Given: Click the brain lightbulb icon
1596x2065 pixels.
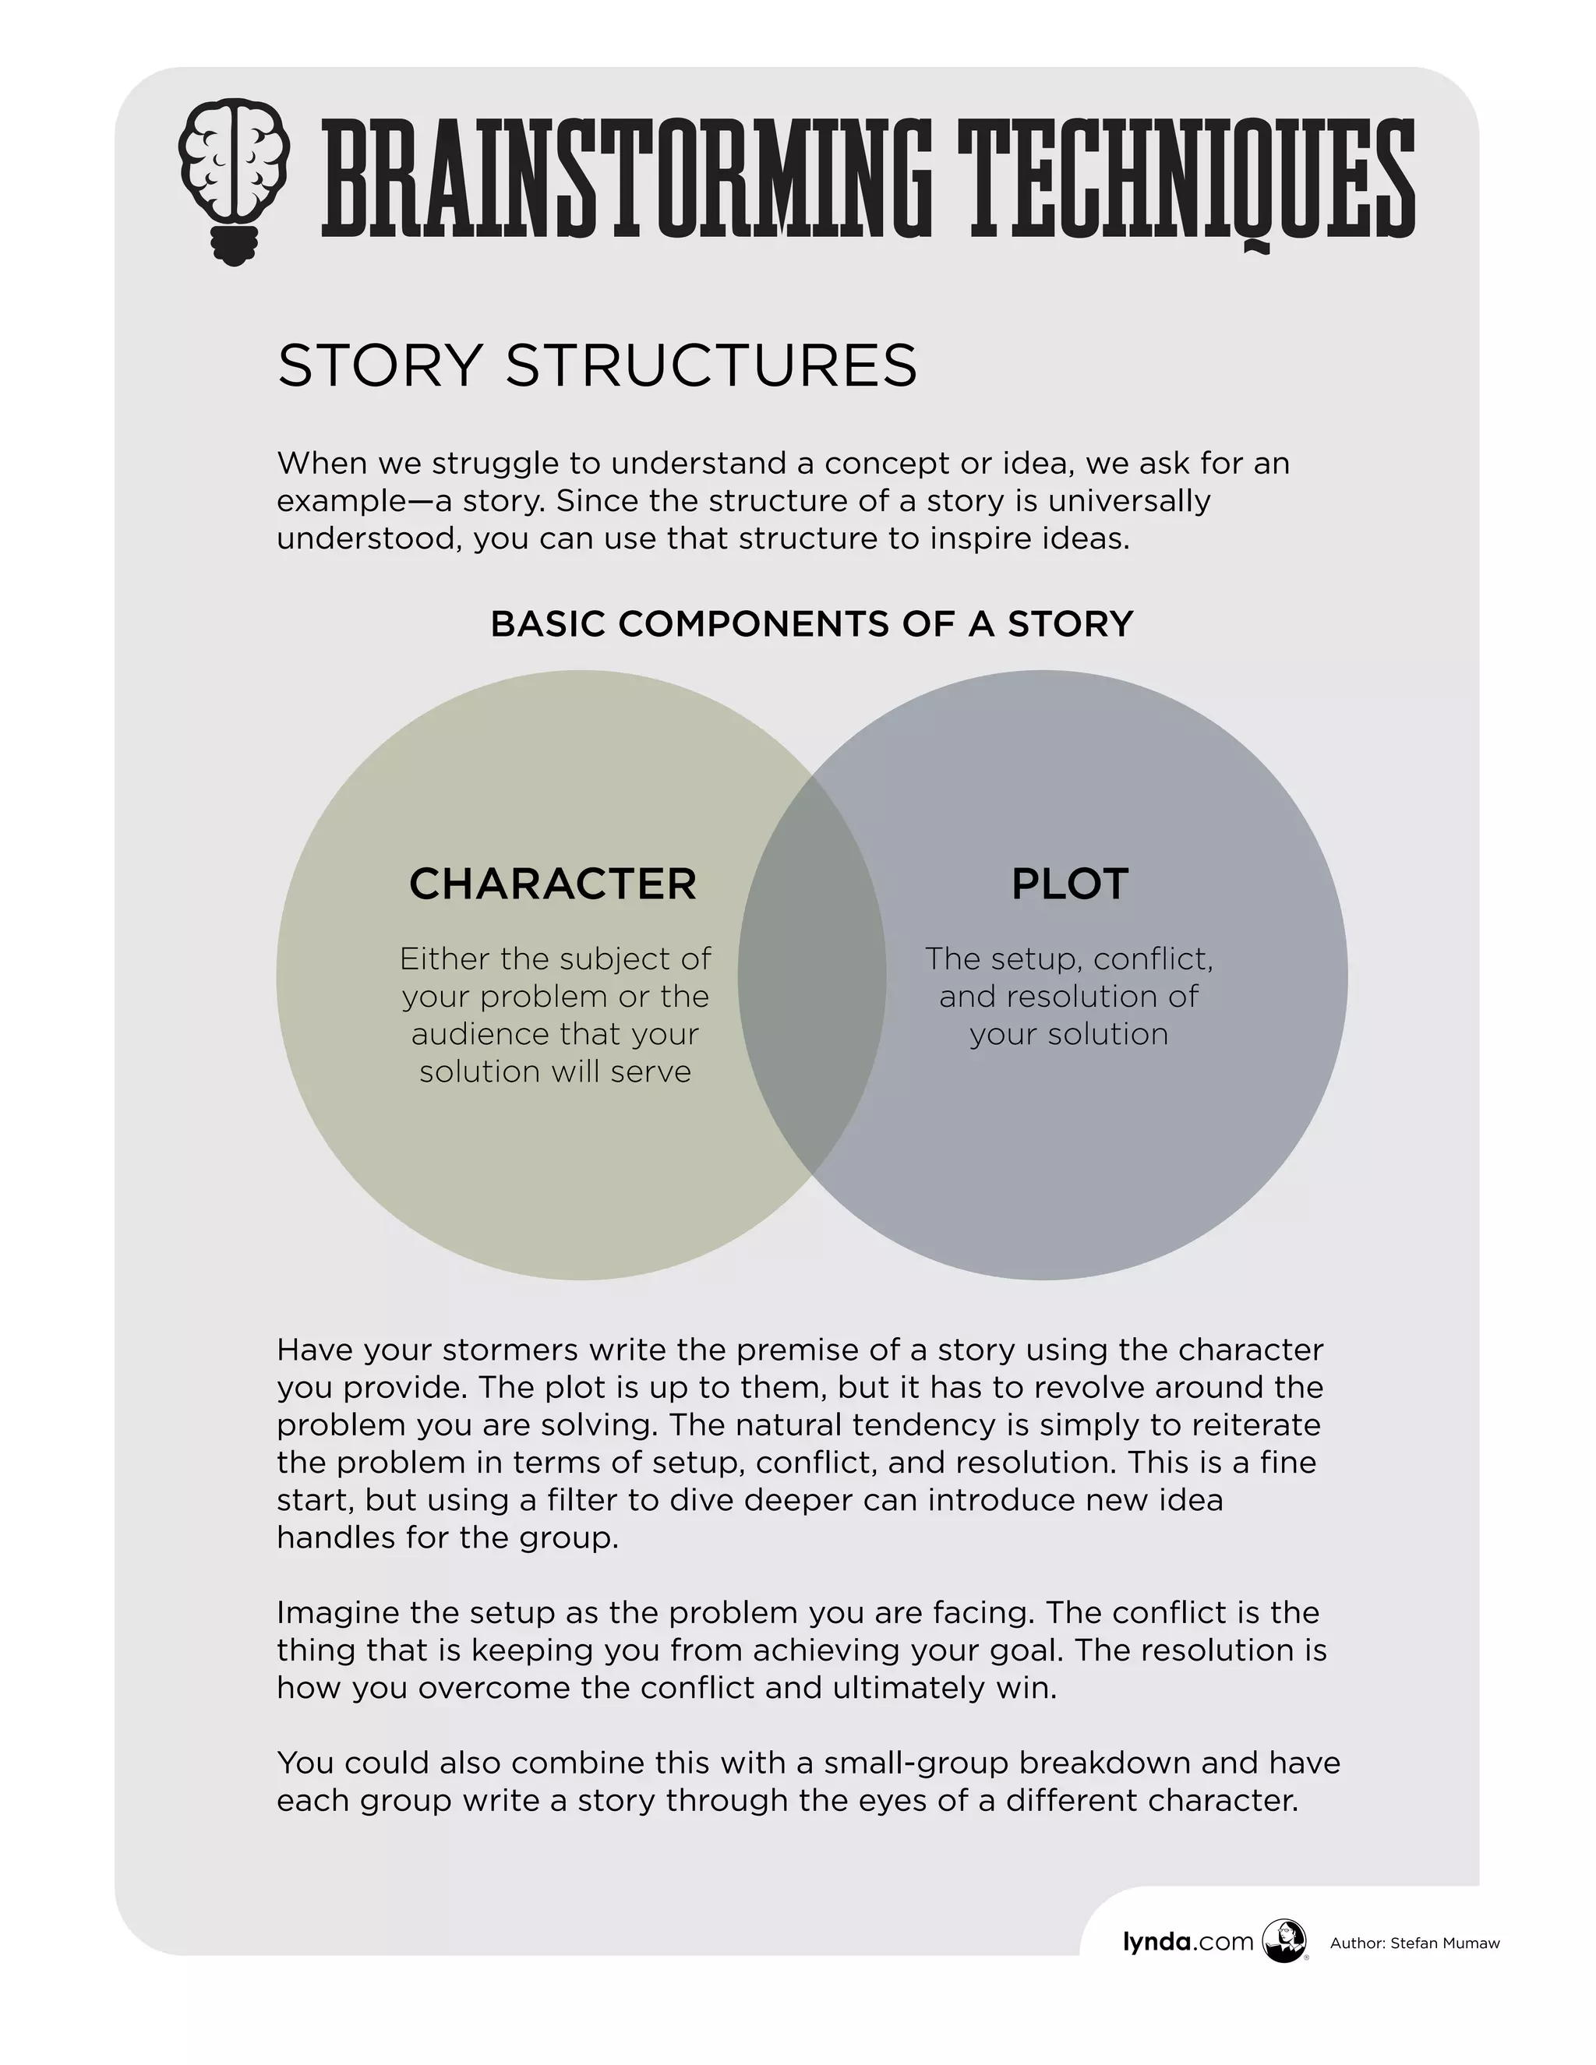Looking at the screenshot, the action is pyautogui.click(x=234, y=180).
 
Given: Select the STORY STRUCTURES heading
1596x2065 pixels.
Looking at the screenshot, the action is pyautogui.click(x=597, y=366).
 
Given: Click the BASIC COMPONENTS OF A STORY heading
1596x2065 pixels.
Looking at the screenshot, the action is pyautogui.click(x=811, y=624).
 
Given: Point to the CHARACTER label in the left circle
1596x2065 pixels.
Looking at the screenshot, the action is pyautogui.click(x=553, y=884).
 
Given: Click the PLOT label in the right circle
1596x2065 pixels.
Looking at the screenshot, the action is pyautogui.click(x=1069, y=884).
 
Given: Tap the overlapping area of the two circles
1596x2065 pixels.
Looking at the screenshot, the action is pyautogui.click(x=811, y=974).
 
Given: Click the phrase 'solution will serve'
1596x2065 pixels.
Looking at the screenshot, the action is pyautogui.click(x=555, y=1072).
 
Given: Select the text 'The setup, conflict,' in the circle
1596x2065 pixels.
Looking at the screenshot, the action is pyautogui.click(x=1068, y=958).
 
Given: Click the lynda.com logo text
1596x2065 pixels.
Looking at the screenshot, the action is pyautogui.click(x=1188, y=1942).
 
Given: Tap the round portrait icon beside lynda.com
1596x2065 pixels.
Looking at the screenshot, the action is pyautogui.click(x=1284, y=1941).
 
